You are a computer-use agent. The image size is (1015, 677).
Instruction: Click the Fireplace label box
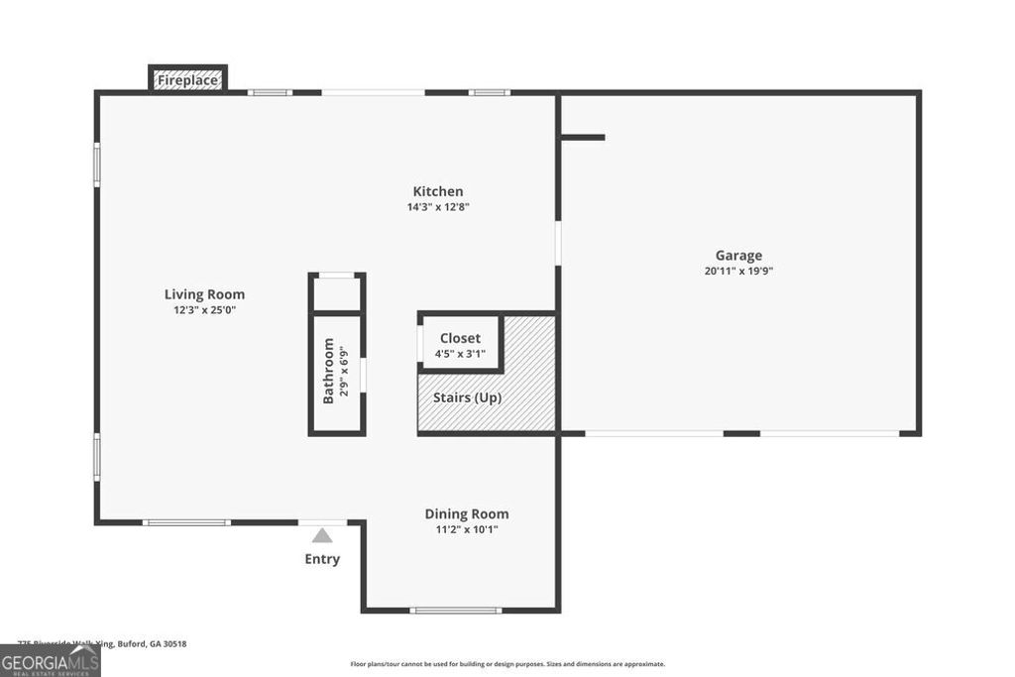[188, 78]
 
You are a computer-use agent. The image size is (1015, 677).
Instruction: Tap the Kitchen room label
[438, 191]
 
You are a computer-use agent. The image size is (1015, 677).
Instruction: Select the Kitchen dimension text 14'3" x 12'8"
[438, 207]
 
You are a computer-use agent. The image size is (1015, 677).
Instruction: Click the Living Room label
[204, 294]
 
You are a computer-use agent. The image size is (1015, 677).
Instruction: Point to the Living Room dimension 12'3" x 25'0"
[204, 310]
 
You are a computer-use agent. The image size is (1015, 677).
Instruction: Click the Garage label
[739, 255]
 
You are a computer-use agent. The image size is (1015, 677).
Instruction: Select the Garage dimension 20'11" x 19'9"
[739, 271]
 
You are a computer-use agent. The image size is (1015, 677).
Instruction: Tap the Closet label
[460, 338]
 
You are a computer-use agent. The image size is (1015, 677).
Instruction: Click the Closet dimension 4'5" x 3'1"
[460, 354]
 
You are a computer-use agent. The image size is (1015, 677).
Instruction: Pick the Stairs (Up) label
[468, 397]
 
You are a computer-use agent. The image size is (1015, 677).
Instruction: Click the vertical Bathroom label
[329, 372]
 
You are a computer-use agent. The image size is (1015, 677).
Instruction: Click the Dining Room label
[467, 513]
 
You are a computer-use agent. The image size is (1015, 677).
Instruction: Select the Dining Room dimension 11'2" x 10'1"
[467, 529]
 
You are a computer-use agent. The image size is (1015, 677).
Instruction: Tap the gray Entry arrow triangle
[322, 536]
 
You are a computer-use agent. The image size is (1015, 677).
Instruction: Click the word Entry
[322, 559]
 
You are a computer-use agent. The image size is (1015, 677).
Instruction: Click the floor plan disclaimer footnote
[507, 664]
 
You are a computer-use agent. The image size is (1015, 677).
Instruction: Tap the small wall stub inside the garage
[583, 137]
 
